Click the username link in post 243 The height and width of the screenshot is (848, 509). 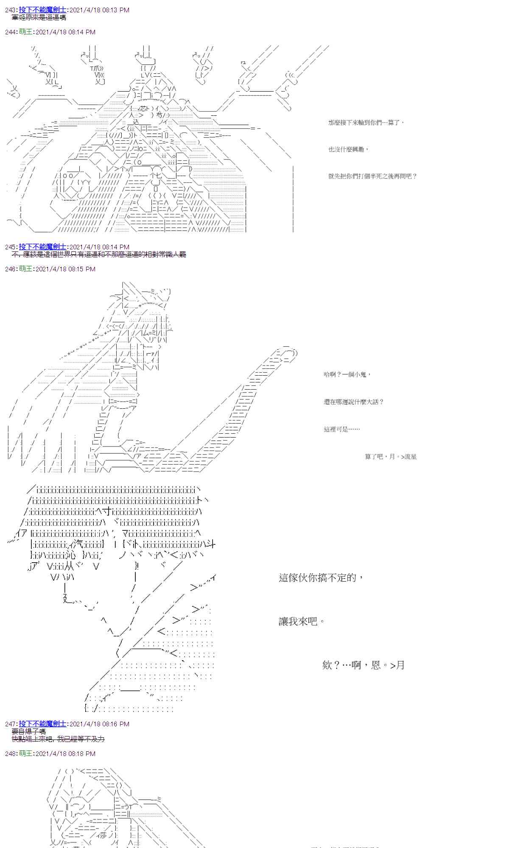coord(42,10)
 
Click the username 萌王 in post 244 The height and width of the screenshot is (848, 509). coord(25,32)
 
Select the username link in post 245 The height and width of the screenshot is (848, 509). coord(42,247)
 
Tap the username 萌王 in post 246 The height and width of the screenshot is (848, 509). coord(25,269)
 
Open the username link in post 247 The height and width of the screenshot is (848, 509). coord(42,724)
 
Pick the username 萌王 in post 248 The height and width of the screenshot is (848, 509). coord(25,753)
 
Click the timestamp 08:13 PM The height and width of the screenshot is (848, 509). coord(114,10)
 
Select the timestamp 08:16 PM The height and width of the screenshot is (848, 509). coord(114,724)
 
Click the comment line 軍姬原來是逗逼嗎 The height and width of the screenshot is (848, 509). coord(39,17)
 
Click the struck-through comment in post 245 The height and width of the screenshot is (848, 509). coord(99,254)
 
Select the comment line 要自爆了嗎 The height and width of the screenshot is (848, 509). coord(29,731)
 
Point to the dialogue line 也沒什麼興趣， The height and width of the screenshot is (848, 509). coord(348,149)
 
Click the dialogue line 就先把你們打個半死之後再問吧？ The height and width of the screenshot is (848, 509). coord(372,176)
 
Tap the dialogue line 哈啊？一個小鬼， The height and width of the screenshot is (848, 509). coord(347,374)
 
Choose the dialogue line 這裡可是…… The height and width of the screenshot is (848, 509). coord(341,429)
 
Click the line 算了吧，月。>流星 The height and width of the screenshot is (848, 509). coord(391,457)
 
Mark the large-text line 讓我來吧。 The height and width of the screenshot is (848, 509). coord(302,622)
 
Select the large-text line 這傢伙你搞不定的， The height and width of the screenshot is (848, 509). coord(321,577)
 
